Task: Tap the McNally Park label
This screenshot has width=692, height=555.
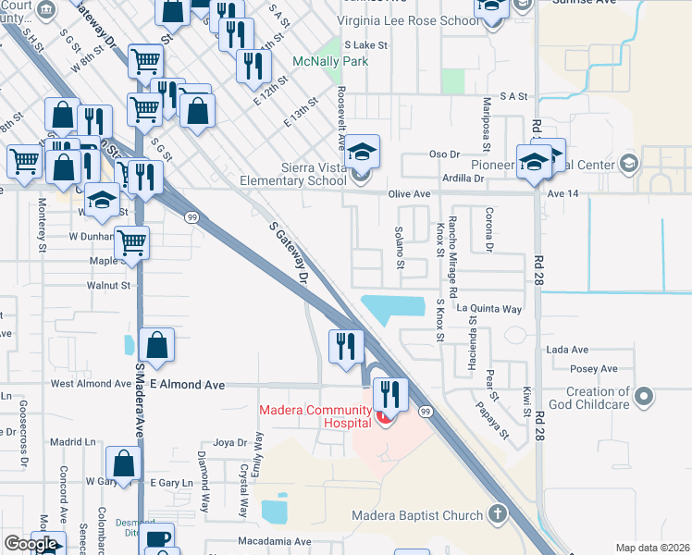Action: [330, 62]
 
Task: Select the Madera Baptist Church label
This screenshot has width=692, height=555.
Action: [417, 515]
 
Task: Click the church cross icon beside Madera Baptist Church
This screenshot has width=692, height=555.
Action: [498, 514]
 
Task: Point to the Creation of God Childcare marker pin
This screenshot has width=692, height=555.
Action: [646, 398]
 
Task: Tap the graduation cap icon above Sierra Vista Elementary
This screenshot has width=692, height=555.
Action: [364, 150]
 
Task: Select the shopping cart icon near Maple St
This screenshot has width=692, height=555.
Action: [132, 243]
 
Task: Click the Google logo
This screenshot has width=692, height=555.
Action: [31, 544]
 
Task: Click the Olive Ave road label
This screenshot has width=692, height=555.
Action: [410, 194]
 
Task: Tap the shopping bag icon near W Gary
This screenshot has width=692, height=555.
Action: [124, 462]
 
